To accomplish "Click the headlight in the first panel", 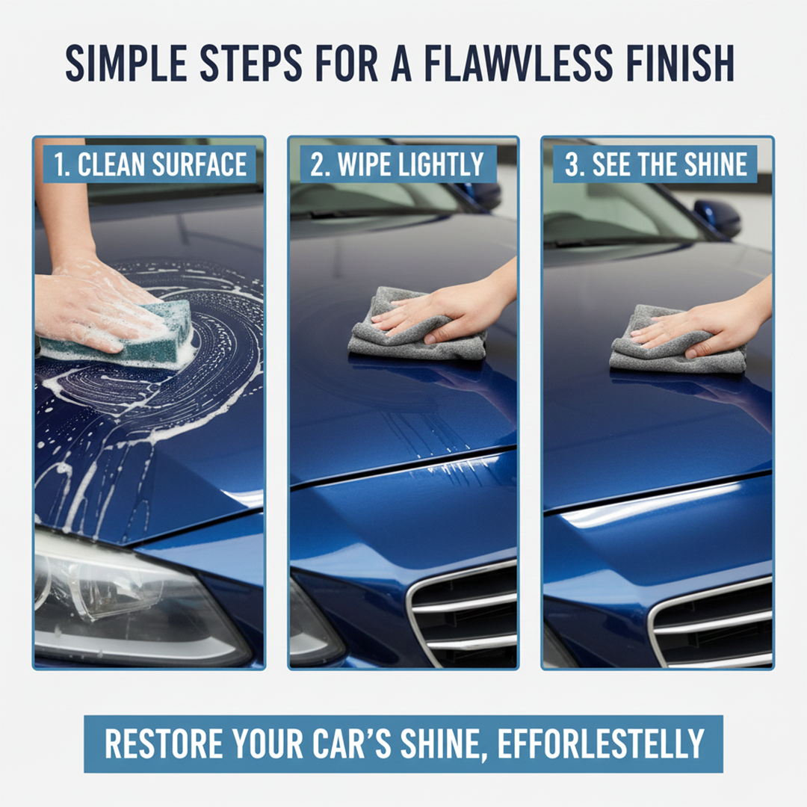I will click(x=127, y=598).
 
